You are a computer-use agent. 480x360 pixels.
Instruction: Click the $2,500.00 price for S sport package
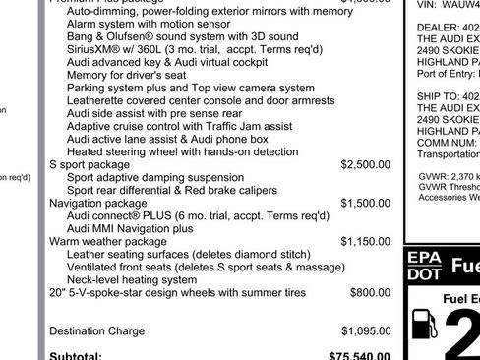pos(366,165)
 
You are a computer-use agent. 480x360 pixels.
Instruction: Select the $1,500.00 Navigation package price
pos(366,203)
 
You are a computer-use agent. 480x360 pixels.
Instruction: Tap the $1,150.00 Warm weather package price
pos(366,241)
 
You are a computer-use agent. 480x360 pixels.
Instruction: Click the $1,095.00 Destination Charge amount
pos(366,330)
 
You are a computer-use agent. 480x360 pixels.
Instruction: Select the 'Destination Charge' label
pos(96,330)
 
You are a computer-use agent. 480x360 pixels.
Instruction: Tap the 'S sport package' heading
pos(89,165)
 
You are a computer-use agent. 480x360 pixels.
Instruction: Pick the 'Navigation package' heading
pos(97,203)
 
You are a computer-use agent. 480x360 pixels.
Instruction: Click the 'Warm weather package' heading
pos(107,241)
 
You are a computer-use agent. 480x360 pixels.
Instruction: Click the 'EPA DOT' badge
pos(424,267)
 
